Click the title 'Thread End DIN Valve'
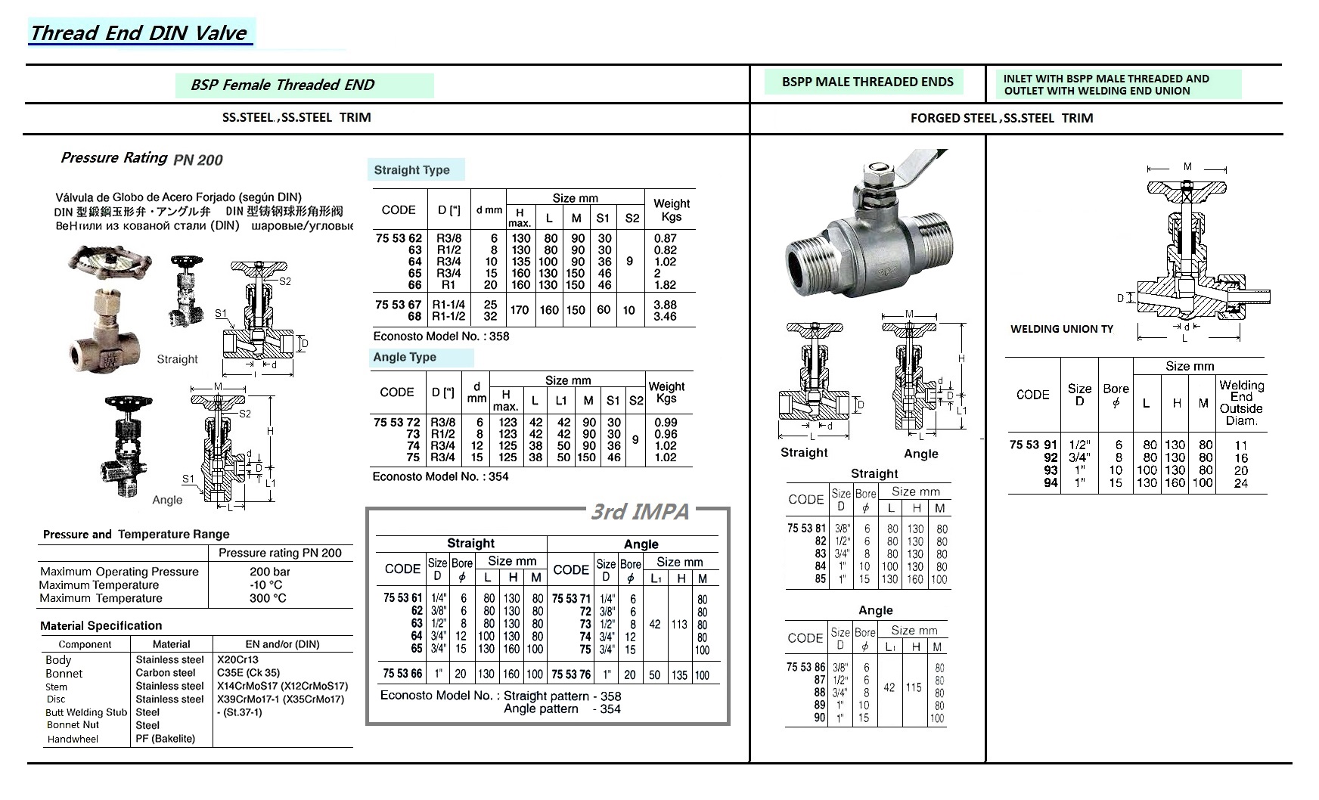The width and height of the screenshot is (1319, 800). [x=139, y=33]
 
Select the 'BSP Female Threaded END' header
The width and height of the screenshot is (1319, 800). [x=282, y=85]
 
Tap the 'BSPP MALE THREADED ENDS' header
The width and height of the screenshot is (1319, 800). [x=867, y=82]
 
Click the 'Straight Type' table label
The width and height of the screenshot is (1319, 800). [x=411, y=170]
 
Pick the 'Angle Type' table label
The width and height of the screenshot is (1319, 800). [x=405, y=357]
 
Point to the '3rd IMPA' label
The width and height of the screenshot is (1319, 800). [x=640, y=512]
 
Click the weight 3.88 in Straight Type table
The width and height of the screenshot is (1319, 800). [x=665, y=305]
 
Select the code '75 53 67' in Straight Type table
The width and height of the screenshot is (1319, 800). [x=399, y=305]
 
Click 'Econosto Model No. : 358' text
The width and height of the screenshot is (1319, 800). [x=441, y=336]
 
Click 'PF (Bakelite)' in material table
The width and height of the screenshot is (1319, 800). [x=165, y=739]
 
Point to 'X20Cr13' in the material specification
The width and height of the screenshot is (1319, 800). [x=237, y=659]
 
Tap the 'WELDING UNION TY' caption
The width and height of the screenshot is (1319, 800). [x=1062, y=329]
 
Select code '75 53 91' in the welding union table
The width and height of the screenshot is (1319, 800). [x=1033, y=445]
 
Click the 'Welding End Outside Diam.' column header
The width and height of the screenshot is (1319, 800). [x=1241, y=402]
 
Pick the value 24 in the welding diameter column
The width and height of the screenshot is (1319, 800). [x=1241, y=483]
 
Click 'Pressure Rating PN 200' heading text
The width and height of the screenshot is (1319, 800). [x=141, y=159]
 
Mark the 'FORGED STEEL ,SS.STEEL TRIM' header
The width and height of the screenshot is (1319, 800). [x=1001, y=118]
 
